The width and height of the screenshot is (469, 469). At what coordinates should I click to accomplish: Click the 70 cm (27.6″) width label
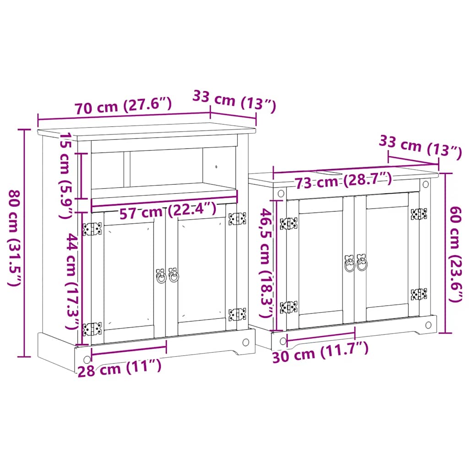124,107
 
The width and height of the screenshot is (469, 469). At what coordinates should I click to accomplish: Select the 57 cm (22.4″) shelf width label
167,211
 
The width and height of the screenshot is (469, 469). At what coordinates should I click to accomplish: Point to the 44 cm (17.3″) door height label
72,280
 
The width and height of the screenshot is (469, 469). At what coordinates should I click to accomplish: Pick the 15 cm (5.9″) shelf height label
67,175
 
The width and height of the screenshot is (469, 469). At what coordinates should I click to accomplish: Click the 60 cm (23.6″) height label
456,255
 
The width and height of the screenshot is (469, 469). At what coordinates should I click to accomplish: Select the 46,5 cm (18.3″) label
266,263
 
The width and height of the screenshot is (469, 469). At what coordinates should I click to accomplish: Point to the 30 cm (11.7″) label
320,353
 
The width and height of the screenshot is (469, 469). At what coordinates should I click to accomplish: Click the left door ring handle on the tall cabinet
161,276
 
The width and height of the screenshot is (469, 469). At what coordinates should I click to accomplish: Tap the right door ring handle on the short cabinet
362,263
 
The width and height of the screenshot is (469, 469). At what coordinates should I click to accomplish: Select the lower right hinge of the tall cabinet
237,315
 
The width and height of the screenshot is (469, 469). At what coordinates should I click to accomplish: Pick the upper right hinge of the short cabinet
419,213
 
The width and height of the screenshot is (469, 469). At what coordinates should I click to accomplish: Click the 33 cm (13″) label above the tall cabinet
234,102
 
